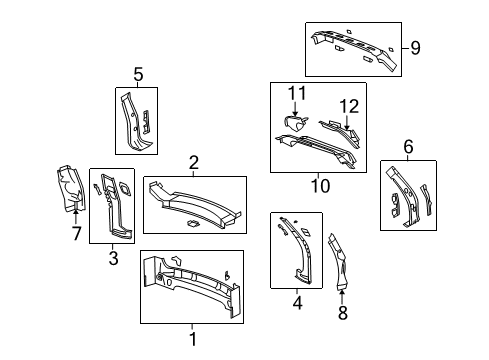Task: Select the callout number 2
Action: pos(194,162)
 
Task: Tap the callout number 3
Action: pos(112,258)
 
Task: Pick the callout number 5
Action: pos(139,72)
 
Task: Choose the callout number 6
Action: pos(408,147)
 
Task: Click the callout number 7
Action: pos(76,234)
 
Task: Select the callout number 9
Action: pos(415,46)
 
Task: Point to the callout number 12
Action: pos(347,106)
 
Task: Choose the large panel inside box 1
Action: pos(190,296)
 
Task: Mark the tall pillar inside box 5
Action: pos(130,120)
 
